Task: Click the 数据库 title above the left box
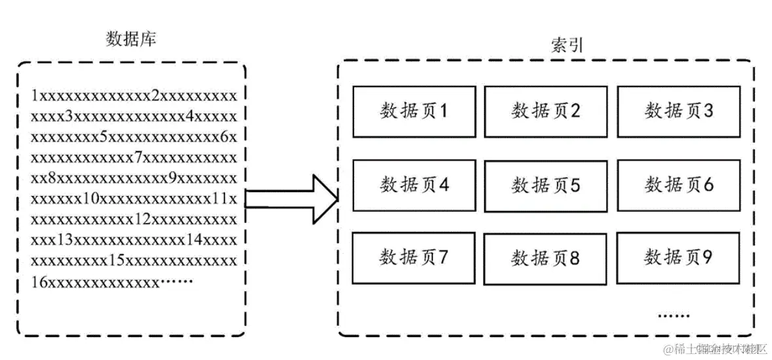(131, 39)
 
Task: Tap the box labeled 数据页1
(414, 111)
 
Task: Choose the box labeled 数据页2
(546, 111)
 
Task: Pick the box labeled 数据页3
(679, 111)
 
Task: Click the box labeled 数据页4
(414, 186)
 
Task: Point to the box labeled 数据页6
(679, 186)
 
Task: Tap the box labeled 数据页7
(414, 258)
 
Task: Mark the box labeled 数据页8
(546, 258)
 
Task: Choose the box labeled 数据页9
(679, 257)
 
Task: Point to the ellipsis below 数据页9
(674, 315)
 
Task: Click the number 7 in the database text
(138, 158)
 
